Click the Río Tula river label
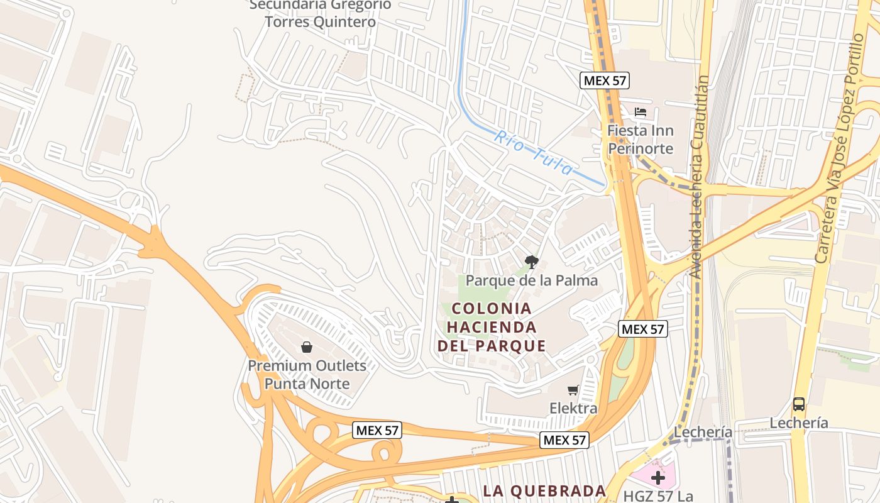pos(533,152)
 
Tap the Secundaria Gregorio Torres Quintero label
pos(320,13)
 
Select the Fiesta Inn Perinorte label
pos(640,140)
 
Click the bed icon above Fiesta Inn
pos(641,113)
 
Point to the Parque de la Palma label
pos(532,280)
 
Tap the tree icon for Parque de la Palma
pos(532,262)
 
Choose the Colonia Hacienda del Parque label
pos(492,327)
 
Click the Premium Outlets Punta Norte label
pos(307,374)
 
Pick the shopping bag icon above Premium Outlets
pos(307,347)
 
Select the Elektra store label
pos(573,409)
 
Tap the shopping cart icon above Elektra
pos(573,390)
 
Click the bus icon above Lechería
pos(799,404)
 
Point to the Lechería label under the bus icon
pos(799,423)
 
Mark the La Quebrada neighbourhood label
pos(544,490)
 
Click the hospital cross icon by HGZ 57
pos(658,478)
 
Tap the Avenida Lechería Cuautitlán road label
pos(700,177)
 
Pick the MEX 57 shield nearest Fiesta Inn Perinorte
pos(605,80)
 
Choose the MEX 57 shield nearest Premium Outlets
pos(377,431)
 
